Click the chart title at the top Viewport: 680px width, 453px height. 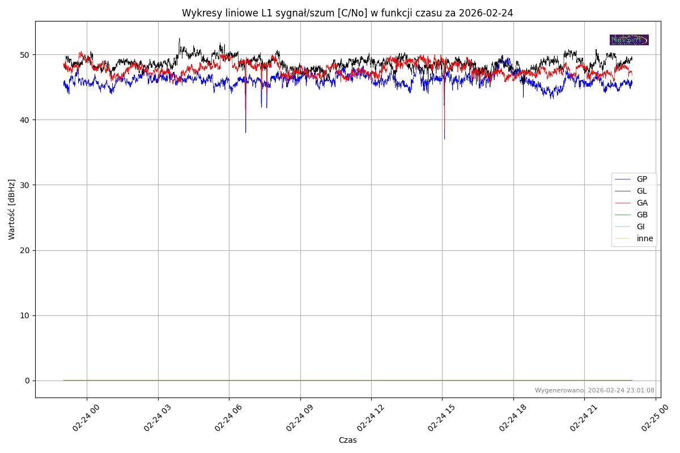pyautogui.click(x=347, y=13)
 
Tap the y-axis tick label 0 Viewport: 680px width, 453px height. pyautogui.click(x=27, y=381)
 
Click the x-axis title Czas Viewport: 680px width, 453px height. pyautogui.click(x=347, y=440)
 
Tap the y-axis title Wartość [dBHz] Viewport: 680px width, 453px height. pyautogui.click(x=12, y=210)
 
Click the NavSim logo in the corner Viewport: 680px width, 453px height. pyautogui.click(x=629, y=40)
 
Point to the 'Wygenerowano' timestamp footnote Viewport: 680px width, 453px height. pyautogui.click(x=594, y=390)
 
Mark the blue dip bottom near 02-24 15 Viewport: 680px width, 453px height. pyautogui.click(x=444, y=138)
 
